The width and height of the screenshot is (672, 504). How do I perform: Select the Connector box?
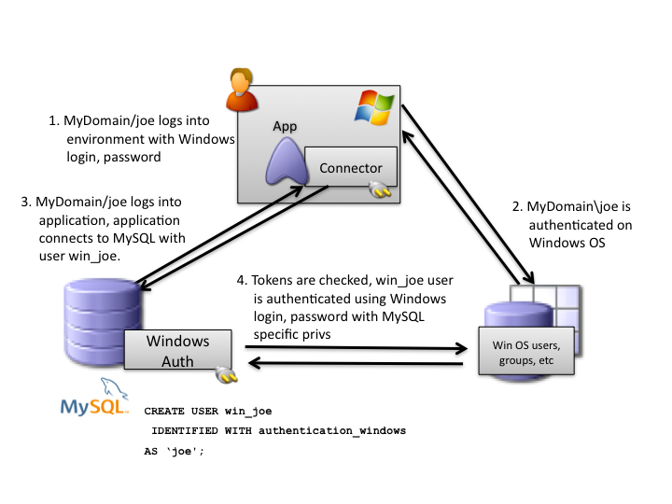pyautogui.click(x=351, y=168)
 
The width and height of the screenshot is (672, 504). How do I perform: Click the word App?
pyautogui.click(x=284, y=126)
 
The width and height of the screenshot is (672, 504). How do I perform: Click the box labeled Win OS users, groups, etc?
pyautogui.click(x=526, y=349)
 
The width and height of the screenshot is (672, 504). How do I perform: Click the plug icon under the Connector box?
pyautogui.click(x=381, y=191)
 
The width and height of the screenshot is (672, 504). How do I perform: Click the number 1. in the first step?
pyautogui.click(x=53, y=121)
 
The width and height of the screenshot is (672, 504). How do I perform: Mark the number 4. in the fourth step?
pyautogui.click(x=243, y=281)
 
